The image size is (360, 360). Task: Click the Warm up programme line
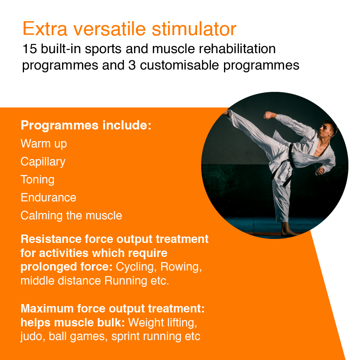click(x=44, y=143)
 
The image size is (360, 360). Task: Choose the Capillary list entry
click(x=43, y=162)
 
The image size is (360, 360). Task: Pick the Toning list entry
click(x=37, y=180)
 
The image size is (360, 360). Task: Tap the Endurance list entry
click(x=48, y=197)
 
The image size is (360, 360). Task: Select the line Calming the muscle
click(x=71, y=216)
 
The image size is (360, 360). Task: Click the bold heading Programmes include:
click(x=86, y=125)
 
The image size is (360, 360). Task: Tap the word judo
click(x=32, y=336)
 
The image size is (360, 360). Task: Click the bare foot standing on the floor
click(x=288, y=231)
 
